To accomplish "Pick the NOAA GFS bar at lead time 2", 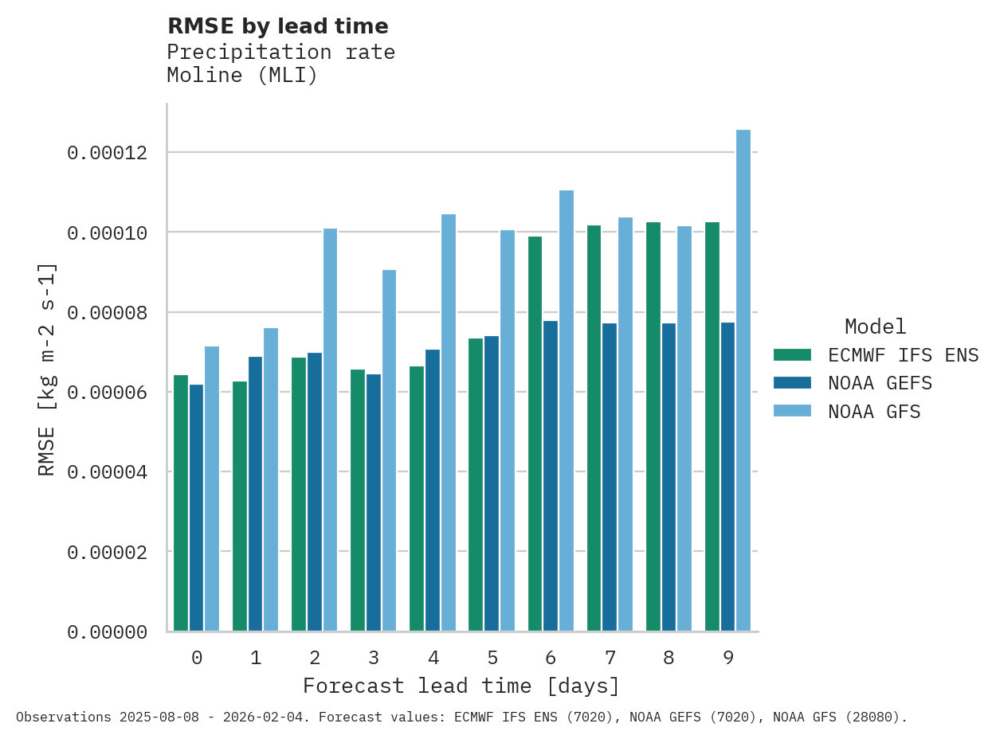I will click(330, 430).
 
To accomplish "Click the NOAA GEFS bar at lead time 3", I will click(374, 502).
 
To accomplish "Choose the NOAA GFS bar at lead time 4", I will click(449, 423).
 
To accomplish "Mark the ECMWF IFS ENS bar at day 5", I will click(476, 485).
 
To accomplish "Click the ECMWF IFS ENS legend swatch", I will click(792, 354).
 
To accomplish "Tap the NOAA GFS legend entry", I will click(874, 412).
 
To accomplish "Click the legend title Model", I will click(875, 326).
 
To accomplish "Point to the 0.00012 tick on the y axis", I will click(107, 152).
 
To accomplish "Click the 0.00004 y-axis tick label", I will click(107, 472).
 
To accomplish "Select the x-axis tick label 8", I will click(669, 658).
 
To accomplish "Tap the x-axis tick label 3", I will click(374, 658).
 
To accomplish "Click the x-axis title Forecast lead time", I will click(461, 686).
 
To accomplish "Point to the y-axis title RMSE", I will click(47, 368).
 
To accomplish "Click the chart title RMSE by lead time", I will click(277, 26).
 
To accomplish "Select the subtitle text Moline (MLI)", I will click(242, 76).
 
